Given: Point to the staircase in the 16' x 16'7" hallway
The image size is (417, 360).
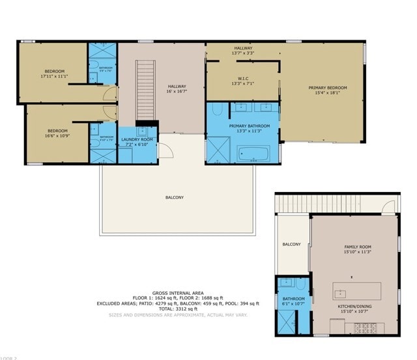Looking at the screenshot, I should pos(146,90).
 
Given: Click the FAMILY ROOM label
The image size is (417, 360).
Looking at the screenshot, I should pos(357,247).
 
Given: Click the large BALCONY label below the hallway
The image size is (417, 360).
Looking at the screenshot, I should pos(174,197).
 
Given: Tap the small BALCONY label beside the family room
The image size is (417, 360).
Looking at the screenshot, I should pos(291,244).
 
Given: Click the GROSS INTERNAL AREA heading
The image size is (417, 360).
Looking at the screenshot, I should pos(178,293).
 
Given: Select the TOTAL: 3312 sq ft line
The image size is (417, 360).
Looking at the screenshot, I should pos(178,309).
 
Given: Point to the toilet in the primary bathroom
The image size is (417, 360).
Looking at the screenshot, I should pos(218,109).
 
